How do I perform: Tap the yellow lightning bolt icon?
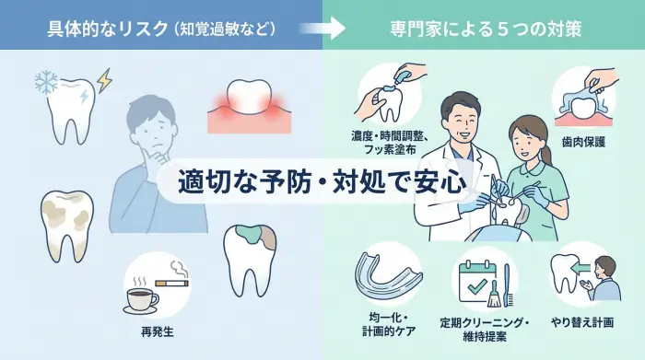point(104,81)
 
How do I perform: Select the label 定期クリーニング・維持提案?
point(484,327)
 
